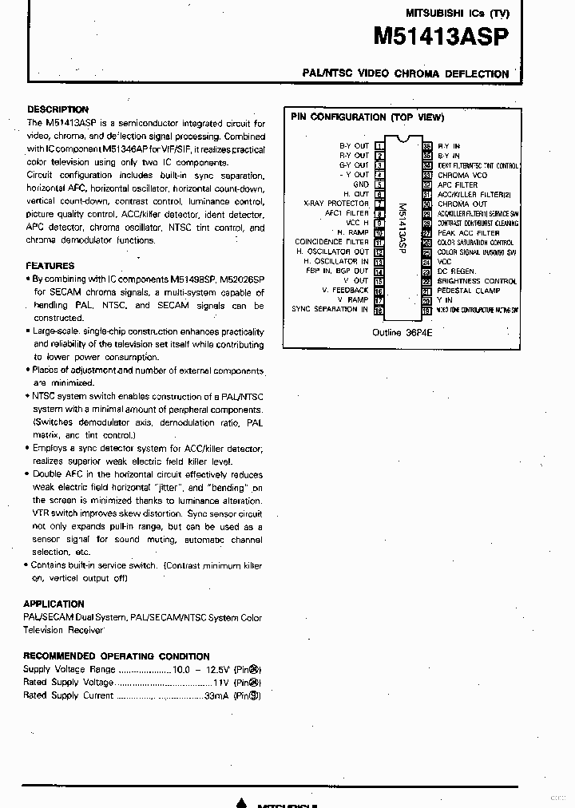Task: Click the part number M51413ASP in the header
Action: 441,37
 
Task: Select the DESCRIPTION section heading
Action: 57,109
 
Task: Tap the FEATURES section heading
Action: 50,266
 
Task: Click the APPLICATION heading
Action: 54,604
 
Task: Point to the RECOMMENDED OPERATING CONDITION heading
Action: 117,656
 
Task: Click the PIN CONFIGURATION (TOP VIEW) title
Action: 367,117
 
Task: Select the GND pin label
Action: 361,184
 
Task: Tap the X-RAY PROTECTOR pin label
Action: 336,204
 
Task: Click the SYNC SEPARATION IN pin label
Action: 330,309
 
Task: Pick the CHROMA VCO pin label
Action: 462,175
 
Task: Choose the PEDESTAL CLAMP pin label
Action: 469,291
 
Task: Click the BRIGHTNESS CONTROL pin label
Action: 477,281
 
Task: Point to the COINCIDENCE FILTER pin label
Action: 331,242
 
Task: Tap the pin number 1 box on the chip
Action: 379,146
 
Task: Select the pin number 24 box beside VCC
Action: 427,261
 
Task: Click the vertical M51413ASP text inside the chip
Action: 402,228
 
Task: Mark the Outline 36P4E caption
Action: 402,332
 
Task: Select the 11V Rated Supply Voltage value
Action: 221,683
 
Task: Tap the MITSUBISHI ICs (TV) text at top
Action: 457,13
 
